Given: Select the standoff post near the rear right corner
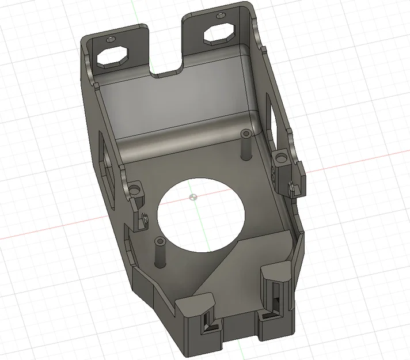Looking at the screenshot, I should (x=245, y=144).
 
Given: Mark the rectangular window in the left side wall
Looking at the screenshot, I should (x=107, y=158).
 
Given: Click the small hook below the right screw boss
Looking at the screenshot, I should (x=291, y=187).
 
